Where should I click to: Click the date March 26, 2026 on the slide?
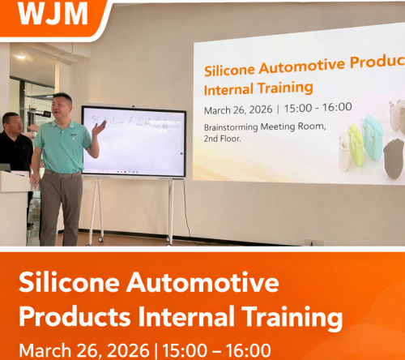click(238, 108)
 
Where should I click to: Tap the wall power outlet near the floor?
click(313, 241)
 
